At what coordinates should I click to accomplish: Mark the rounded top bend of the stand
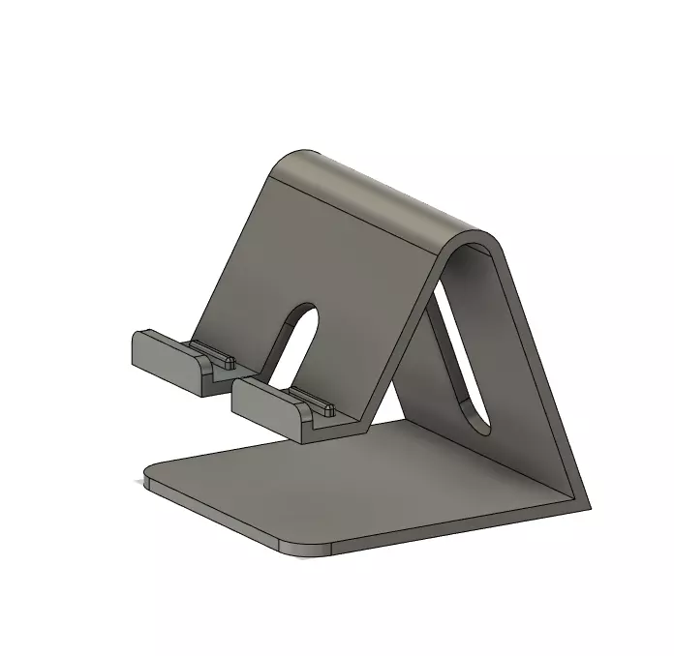(x=387, y=194)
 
